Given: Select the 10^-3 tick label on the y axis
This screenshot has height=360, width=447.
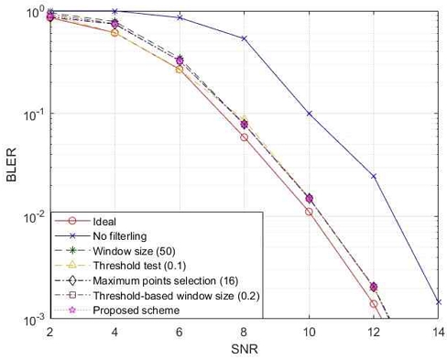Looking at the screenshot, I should [33, 320].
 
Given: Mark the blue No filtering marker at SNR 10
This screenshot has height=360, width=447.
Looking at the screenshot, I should [309, 114].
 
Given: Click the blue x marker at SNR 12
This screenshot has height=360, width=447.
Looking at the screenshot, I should [374, 176].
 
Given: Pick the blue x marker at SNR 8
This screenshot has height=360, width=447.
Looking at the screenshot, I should [244, 38].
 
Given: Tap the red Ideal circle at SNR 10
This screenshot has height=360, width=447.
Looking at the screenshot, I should [309, 212].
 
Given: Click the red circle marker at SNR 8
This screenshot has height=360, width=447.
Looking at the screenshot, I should [244, 137].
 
